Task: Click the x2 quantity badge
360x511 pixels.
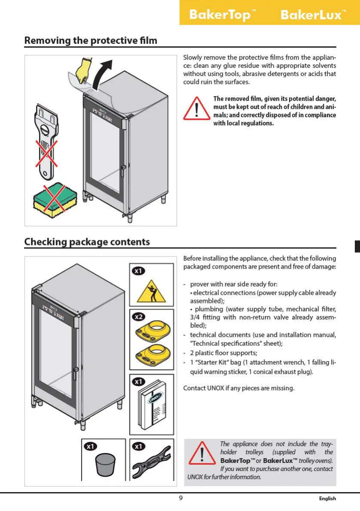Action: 138,317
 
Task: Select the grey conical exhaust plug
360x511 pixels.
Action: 105,465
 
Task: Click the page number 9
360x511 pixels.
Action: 181,498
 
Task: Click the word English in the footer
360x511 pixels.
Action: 327,499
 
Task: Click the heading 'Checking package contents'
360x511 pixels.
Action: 87,242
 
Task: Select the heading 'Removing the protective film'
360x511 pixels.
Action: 91,41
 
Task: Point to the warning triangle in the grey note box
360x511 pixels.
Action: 202,453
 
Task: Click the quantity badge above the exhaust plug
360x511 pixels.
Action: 91,447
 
